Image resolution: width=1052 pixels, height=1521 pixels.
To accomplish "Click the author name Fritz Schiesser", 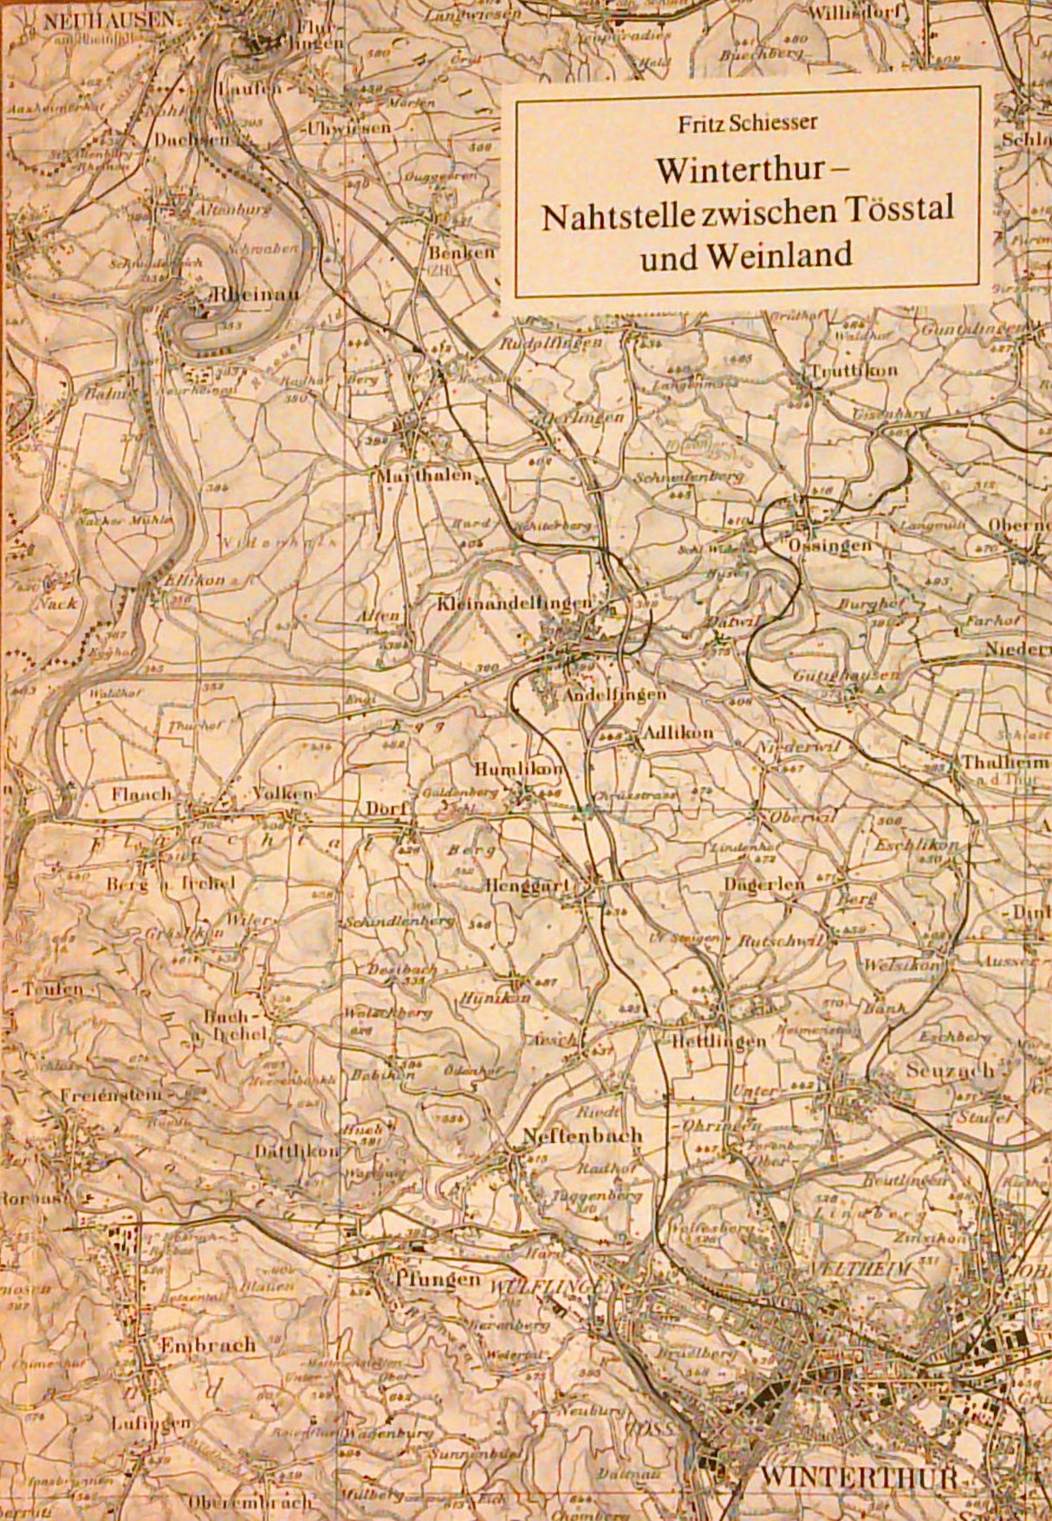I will [748, 122].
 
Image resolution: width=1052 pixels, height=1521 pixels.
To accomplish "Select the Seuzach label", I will [950, 1071].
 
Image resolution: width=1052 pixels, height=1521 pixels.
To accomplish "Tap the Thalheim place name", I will [1004, 764].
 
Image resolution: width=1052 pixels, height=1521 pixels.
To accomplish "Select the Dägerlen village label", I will [772, 883].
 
